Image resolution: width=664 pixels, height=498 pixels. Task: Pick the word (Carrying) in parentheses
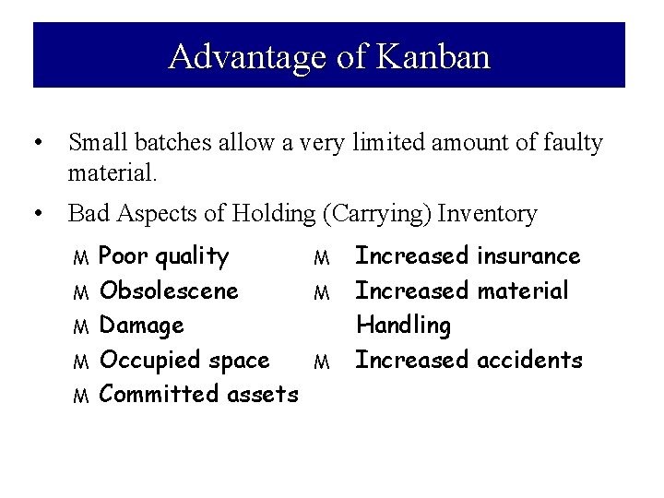click(378, 214)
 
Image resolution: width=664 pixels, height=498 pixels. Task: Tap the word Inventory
click(487, 214)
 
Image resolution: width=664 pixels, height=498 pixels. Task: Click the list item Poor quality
click(163, 256)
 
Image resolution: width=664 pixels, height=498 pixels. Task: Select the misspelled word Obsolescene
click(169, 290)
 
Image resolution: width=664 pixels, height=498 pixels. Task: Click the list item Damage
click(141, 326)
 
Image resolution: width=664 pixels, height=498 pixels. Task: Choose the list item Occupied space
click(184, 360)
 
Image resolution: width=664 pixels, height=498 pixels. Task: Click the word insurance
click(528, 256)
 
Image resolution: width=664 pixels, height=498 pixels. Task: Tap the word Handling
click(403, 326)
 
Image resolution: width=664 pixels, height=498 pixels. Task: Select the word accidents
click(529, 360)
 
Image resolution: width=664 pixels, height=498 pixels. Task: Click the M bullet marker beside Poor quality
click(80, 257)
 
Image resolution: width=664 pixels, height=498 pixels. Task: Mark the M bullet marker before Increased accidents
click(321, 362)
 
